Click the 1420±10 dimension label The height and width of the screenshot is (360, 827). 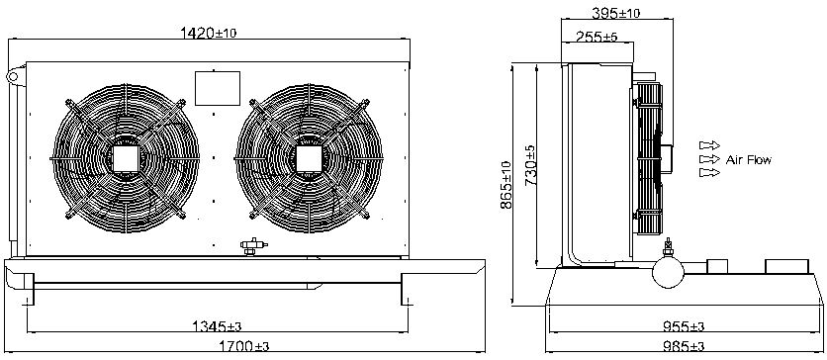click(x=209, y=34)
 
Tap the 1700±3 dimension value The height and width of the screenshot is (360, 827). click(x=243, y=346)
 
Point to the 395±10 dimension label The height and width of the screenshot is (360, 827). click(x=616, y=13)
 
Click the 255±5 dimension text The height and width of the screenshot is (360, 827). click(x=597, y=37)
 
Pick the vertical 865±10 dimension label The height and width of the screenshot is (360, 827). click(x=506, y=185)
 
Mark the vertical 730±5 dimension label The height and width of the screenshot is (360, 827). click(x=531, y=165)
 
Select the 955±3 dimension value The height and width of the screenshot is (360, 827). click(x=683, y=326)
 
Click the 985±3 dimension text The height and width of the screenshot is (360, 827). click(x=683, y=346)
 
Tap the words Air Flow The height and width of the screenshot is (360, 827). click(x=748, y=159)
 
